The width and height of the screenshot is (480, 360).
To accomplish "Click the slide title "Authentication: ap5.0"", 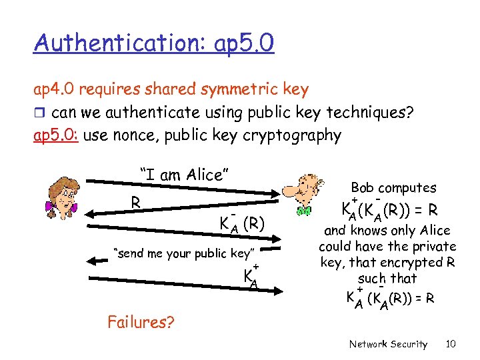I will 154,45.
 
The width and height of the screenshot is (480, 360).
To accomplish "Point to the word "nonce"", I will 133,135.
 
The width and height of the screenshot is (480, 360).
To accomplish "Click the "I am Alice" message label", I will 184,175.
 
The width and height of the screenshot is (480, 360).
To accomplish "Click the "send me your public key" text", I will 184,253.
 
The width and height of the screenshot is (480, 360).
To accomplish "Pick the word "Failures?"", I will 141,323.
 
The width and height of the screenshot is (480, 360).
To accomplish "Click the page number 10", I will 451,344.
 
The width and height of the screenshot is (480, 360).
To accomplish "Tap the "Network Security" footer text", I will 388,344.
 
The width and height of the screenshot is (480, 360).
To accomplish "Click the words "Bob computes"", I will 393,188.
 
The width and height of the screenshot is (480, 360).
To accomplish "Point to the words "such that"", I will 387,279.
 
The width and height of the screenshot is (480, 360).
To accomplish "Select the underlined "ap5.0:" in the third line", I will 57,135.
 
